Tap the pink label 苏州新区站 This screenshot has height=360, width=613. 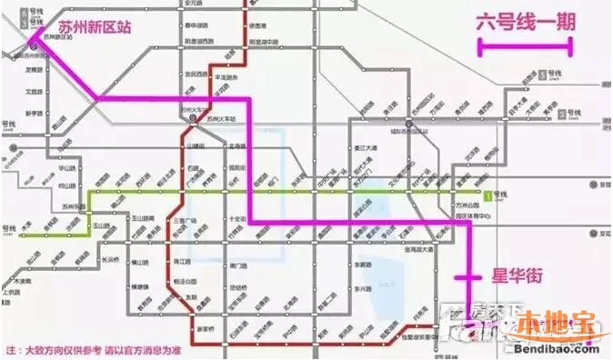point(93,27)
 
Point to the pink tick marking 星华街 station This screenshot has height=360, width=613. point(469,276)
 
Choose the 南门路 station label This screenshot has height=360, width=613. point(239,265)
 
